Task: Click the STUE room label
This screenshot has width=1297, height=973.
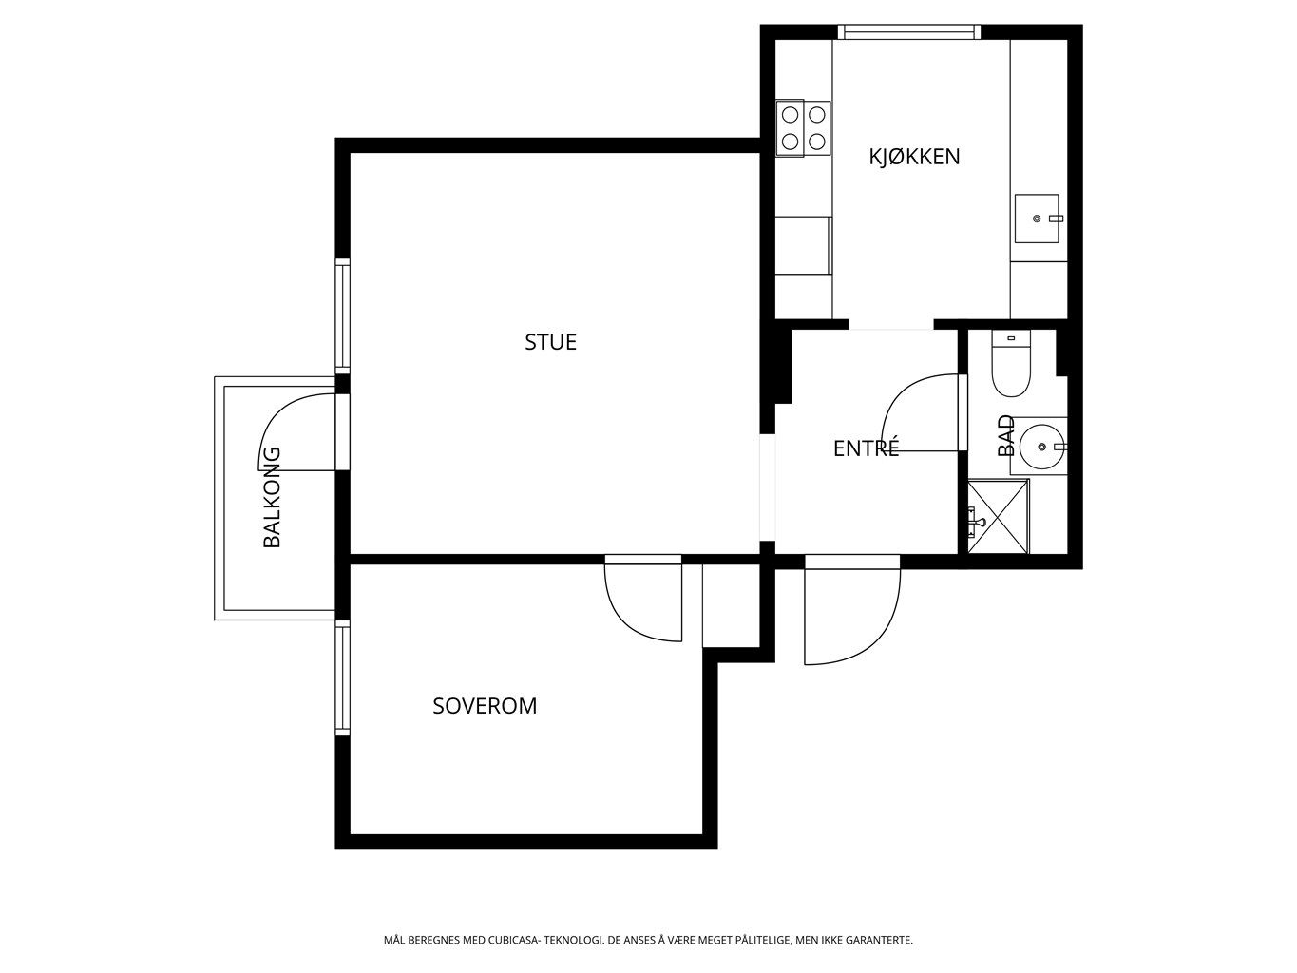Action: point(550,342)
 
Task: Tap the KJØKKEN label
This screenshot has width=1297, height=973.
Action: point(914,157)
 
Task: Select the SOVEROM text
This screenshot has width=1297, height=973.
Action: point(485,706)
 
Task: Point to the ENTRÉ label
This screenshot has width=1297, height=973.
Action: point(867,448)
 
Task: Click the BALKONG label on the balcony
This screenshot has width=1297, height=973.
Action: point(271,497)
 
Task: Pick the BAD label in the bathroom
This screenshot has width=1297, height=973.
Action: point(1005,435)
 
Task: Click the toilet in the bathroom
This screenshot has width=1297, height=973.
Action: point(1011,363)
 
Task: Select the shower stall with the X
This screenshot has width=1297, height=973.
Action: point(998,517)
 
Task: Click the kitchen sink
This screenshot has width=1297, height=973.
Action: point(1037,219)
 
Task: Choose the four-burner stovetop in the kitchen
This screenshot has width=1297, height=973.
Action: point(803,128)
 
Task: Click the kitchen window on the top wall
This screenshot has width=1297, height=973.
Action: point(909,32)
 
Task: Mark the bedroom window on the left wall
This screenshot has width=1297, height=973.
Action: point(343,677)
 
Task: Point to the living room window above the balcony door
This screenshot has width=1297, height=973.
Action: point(343,316)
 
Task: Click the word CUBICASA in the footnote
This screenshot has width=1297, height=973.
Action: point(513,940)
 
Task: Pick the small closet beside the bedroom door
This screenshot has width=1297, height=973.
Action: point(731,605)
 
